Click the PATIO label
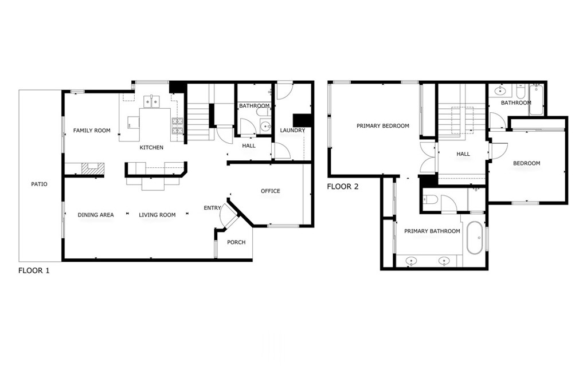coord(40,184)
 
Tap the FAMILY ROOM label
coord(92,131)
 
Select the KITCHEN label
coord(151,147)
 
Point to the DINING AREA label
coord(96,215)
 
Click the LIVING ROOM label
coord(157,215)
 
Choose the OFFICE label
coord(271,191)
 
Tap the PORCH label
coord(237,242)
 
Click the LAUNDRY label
coord(293,130)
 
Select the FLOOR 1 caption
coord(34,270)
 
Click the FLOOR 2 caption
coord(343,186)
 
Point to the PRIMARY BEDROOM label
coord(383,126)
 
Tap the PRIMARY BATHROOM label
coord(432,231)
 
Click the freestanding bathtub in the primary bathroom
coord(475,238)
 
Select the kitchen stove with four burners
coord(178,126)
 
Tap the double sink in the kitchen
coord(152,101)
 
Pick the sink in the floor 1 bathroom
coord(265,126)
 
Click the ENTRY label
coord(212,208)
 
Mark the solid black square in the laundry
coord(302,120)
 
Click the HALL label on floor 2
coord(463,154)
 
